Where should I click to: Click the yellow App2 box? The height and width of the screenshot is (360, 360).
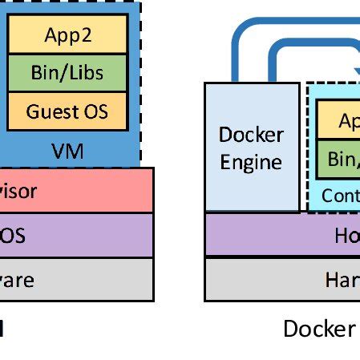pyautogui.click(x=67, y=34)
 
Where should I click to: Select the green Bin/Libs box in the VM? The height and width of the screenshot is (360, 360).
pyautogui.click(x=67, y=73)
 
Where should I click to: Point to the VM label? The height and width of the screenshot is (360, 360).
pyautogui.click(x=67, y=150)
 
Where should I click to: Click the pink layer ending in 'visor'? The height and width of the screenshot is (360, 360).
pyautogui.click(x=76, y=191)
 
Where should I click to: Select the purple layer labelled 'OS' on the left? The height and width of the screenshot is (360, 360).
pyautogui.click(x=76, y=235)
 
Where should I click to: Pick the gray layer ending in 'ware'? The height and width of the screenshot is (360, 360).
pyautogui.click(x=76, y=280)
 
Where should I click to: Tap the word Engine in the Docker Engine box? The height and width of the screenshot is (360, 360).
pyautogui.click(x=252, y=163)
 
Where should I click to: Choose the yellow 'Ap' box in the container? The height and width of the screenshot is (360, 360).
pyautogui.click(x=338, y=121)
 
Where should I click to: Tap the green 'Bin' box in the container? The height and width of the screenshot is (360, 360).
pyautogui.click(x=338, y=159)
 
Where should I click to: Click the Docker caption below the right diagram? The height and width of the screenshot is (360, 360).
pyautogui.click(x=319, y=330)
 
